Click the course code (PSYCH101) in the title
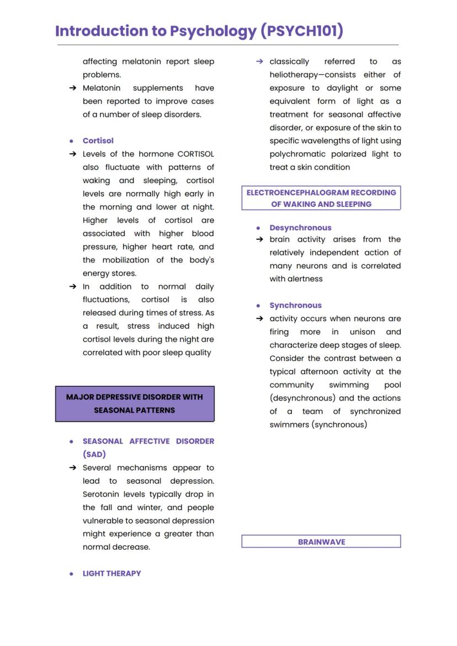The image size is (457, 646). pyautogui.click(x=302, y=31)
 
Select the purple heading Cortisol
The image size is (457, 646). pyautogui.click(x=98, y=141)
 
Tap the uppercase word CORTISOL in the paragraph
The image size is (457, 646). pyautogui.click(x=195, y=154)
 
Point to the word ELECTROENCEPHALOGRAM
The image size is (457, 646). pyautogui.click(x=290, y=193)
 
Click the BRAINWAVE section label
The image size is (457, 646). pyautogui.click(x=321, y=542)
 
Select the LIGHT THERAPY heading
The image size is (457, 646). pyautogui.click(x=111, y=574)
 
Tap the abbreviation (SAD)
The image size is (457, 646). pyautogui.click(x=94, y=455)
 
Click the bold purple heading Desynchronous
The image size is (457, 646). pyautogui.click(x=300, y=228)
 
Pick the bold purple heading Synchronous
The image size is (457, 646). pyautogui.click(x=295, y=306)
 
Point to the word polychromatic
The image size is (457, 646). pyautogui.click(x=298, y=154)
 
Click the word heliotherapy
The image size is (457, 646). pyautogui.click(x=296, y=75)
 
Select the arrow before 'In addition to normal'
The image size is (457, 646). pyautogui.click(x=72, y=287)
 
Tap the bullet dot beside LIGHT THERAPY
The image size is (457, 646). pyautogui.click(x=71, y=574)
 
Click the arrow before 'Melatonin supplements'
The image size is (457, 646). pyautogui.click(x=72, y=88)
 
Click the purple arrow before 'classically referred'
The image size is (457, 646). pyautogui.click(x=259, y=62)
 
